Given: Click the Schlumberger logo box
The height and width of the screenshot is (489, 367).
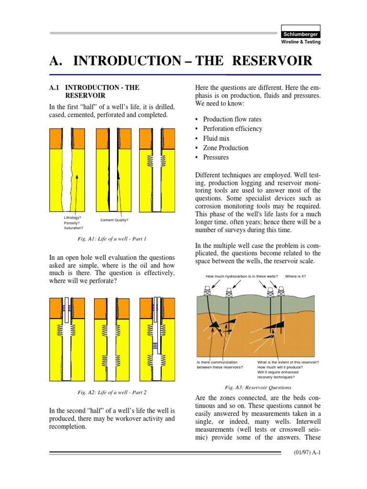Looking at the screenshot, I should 300,34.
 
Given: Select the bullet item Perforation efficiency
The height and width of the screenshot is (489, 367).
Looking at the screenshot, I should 232,128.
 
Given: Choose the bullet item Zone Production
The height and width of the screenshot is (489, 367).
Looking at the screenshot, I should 226,148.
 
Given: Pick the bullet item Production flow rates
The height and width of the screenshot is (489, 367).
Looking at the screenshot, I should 232,119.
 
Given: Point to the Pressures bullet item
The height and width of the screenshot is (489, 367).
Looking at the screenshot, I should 216,157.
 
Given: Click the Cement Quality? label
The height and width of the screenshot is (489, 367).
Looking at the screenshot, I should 114,220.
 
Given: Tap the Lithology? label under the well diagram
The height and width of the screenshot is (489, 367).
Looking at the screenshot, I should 73,217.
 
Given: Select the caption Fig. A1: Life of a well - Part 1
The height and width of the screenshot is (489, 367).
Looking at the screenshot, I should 112,238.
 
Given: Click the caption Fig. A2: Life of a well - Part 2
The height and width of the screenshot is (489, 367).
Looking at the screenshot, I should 112,392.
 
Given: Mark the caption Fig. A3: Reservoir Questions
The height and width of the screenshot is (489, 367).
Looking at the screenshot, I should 258,387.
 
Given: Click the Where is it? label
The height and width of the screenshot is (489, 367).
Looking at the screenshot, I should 295,276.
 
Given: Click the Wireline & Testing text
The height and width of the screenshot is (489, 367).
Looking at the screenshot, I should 300,42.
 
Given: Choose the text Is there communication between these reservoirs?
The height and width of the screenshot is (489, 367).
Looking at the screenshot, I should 220,364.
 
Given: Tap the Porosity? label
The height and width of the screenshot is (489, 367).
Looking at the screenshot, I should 72,223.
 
